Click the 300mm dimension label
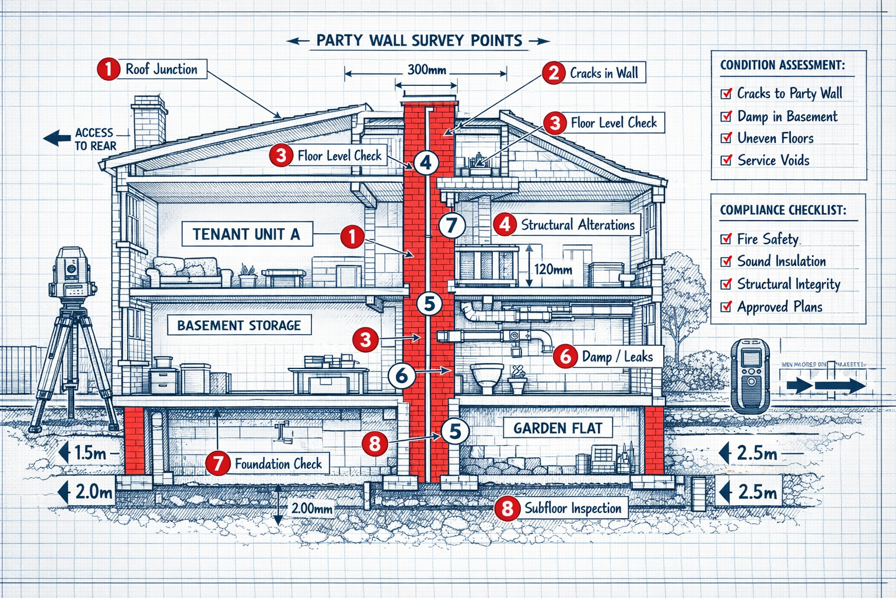pos(426,70)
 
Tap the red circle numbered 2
pos(553,73)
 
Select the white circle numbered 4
pos(426,162)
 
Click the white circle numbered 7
pos(452,225)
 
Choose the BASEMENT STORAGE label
pos(239,325)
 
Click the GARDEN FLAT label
pos(557,428)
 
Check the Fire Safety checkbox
pos(726,238)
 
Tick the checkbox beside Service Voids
pos(726,160)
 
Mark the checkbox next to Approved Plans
pos(726,307)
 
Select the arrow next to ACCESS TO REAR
pos(57,139)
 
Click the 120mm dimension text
pos(553,270)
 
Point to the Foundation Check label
pos(278,464)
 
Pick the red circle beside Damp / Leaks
pos(565,356)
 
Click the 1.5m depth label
pos(90,453)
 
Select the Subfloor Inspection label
pos(572,508)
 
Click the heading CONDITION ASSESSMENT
pos(782,65)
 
